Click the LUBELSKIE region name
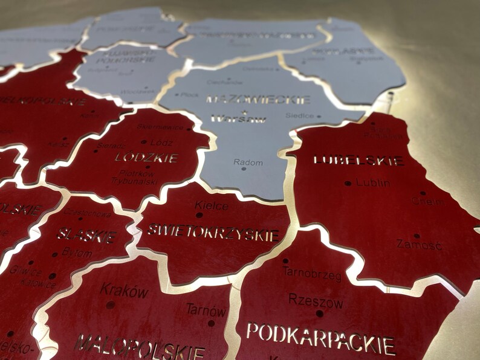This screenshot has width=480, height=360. point(358,161)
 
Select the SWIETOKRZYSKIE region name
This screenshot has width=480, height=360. point(213,232)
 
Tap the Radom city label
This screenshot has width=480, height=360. point(248,162)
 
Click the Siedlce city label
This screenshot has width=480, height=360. point(299,115)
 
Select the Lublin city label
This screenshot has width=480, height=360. point(373,182)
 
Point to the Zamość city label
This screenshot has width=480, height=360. point(419,245)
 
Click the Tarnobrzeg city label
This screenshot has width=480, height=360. point(312,275)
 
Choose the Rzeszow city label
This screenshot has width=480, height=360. point(316,301)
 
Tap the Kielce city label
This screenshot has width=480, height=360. point(212,206)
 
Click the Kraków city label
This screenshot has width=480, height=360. point(124,291)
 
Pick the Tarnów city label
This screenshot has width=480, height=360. point(206,310)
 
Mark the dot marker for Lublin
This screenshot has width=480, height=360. point(348,183)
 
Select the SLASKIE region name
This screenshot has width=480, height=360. point(88,236)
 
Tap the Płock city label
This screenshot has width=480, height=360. point(190,95)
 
